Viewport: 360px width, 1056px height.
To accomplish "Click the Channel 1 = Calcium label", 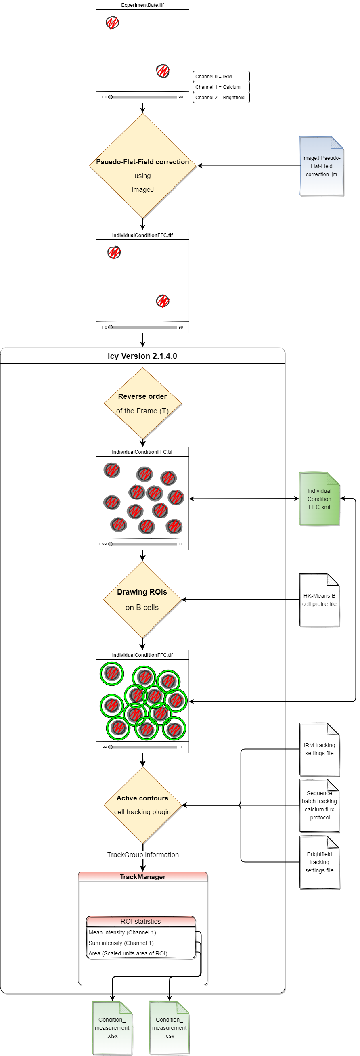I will (221, 87).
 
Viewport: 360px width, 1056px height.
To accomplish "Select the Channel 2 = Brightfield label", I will (221, 98).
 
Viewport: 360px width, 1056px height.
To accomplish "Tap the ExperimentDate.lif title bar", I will (142, 5).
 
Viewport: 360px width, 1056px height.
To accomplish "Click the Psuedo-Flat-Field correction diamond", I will (142, 166).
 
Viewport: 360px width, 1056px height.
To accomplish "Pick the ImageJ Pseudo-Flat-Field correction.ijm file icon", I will (321, 166).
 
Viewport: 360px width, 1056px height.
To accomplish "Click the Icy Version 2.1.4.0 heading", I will (142, 356).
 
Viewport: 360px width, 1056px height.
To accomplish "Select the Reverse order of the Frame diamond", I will (142, 403).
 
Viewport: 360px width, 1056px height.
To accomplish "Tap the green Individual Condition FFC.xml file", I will (319, 499).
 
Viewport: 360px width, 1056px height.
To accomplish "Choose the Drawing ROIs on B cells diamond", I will (142, 599).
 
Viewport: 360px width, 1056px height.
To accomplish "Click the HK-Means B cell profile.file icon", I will (319, 600).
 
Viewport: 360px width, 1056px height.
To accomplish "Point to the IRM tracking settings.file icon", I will (319, 749).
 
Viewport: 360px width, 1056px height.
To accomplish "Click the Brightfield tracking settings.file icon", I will (319, 862).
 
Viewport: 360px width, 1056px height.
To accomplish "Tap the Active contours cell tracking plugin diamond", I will (142, 805).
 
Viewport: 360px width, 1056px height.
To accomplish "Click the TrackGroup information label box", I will (143, 855).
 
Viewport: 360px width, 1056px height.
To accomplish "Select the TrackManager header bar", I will (143, 877).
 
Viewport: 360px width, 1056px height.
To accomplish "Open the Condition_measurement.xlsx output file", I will (112, 1028).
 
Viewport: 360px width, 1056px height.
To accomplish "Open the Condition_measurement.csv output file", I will (170, 1028).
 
